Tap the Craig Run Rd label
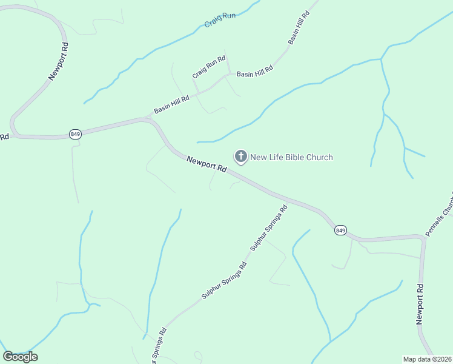click(x=208, y=67)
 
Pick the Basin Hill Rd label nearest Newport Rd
click(x=171, y=103)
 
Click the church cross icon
click(x=240, y=158)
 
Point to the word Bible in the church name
click(x=286, y=158)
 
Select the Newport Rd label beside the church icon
click(x=206, y=164)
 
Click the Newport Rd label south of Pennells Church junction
click(x=420, y=303)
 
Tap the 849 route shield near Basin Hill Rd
click(x=75, y=134)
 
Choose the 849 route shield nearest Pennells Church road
click(x=340, y=230)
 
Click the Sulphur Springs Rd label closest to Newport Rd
click(x=268, y=229)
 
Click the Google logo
click(x=20, y=357)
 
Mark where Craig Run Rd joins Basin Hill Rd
click(x=229, y=74)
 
